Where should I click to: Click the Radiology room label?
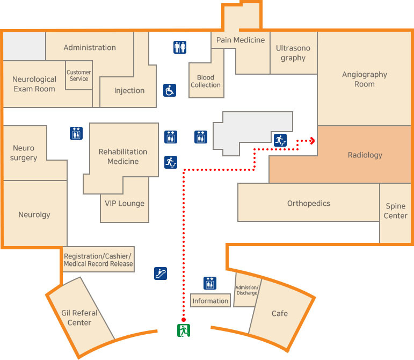(365, 155)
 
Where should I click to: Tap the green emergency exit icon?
(184, 330)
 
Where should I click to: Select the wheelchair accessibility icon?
(170, 90)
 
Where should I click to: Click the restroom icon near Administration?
(180, 47)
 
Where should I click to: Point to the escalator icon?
(160, 273)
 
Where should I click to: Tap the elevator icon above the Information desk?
(210, 283)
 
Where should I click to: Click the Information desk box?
(210, 301)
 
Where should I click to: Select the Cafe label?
(279, 313)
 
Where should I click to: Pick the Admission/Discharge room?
(247, 290)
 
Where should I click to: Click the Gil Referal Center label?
(79, 318)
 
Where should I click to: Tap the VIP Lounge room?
(125, 203)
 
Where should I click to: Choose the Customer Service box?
(79, 76)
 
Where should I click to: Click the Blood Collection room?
(206, 81)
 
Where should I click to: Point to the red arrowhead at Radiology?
(311, 140)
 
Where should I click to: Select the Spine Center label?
(396, 211)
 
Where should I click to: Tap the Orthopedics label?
(309, 203)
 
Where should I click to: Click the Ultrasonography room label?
(293, 53)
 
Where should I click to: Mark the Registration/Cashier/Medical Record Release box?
(98, 260)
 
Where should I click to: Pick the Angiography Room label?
(365, 80)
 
